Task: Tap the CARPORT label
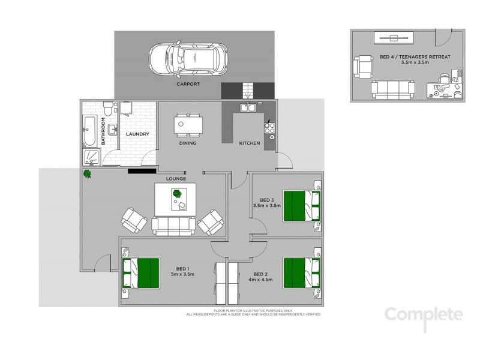pyautogui.click(x=188, y=85)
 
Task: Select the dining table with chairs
pyautogui.click(x=188, y=124)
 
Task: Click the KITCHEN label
pyautogui.click(x=249, y=143)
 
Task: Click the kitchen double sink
pyautogui.click(x=248, y=108)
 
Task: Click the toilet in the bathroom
pyautogui.click(x=107, y=109)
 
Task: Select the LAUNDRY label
pyautogui.click(x=137, y=134)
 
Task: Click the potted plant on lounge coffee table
pyautogui.click(x=177, y=193)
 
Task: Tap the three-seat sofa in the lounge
pyautogui.click(x=173, y=225)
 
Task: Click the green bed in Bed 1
pyautogui.click(x=142, y=272)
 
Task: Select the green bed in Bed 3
pyautogui.click(x=302, y=205)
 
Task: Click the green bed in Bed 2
pyautogui.click(x=302, y=272)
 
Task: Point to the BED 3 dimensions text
pyautogui.click(x=267, y=206)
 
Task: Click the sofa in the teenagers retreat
pyautogui.click(x=393, y=89)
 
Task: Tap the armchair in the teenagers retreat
pyautogui.click(x=364, y=65)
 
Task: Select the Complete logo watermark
pyautogui.click(x=424, y=315)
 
